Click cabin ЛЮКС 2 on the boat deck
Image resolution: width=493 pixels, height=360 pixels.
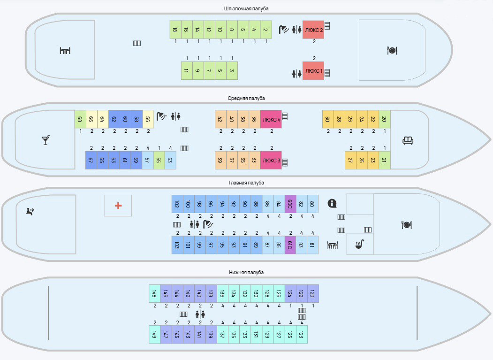point(313,30)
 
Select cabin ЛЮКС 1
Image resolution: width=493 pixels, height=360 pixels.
point(313,71)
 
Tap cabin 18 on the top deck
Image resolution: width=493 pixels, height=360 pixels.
point(175,30)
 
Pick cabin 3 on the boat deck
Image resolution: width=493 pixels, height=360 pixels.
point(232,71)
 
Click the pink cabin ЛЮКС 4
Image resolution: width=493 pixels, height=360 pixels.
point(271,119)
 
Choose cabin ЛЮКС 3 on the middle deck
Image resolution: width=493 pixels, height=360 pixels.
point(271,160)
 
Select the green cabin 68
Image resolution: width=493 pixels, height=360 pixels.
point(80,119)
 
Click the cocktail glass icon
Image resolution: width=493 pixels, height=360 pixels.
point(46,140)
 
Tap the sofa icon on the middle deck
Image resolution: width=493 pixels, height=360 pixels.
point(408,140)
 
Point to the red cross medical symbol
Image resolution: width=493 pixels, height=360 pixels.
point(118,206)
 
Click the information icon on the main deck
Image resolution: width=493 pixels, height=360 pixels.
point(333,203)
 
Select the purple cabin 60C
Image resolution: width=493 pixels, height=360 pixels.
point(290,204)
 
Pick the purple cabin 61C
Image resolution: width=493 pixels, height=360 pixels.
point(290,245)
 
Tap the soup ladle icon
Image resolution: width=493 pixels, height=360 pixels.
point(360,244)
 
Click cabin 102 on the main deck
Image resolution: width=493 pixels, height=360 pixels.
point(177,204)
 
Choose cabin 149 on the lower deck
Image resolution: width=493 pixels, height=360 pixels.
point(154,335)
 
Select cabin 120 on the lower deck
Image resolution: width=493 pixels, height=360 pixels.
point(313,293)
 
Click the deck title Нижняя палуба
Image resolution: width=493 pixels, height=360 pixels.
point(246,272)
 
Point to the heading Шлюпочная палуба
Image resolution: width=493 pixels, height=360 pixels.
point(246,8)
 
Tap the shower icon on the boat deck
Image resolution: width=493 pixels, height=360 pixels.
point(284,30)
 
